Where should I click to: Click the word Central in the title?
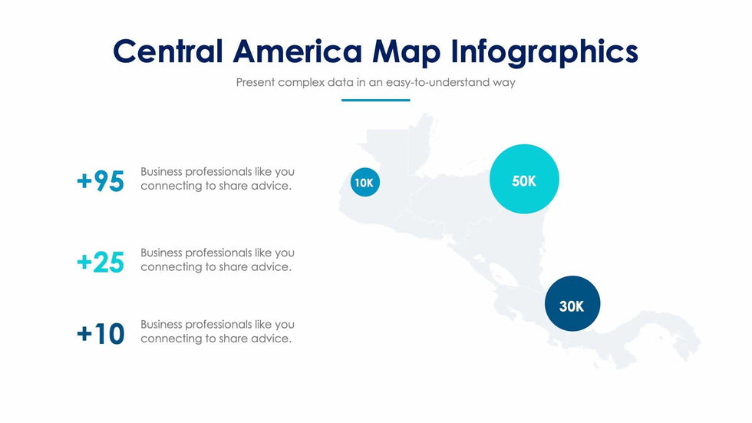[168, 51]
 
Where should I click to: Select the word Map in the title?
[406, 51]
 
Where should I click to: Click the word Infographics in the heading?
[544, 51]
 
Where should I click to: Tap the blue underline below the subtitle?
[375, 100]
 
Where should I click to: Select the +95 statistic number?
[101, 181]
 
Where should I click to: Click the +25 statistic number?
[101, 263]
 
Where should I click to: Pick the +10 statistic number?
[101, 334]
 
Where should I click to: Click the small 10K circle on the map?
[364, 183]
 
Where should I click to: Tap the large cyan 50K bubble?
[524, 180]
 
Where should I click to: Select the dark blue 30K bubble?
[572, 305]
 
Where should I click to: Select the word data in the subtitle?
[341, 82]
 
